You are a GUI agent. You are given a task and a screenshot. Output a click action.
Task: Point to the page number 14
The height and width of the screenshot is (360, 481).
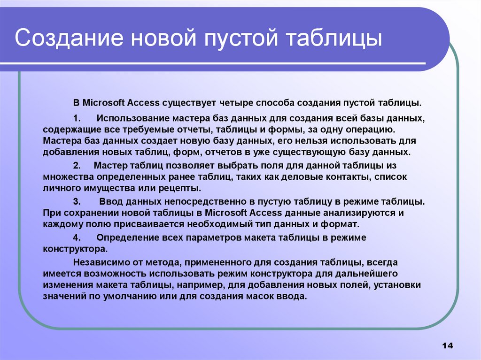(447, 345)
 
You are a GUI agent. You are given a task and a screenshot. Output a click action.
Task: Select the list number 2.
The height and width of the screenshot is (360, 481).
(77, 165)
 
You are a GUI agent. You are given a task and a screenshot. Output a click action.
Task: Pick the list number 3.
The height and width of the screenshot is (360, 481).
(77, 201)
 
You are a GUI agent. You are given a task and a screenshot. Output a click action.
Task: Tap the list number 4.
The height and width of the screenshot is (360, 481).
(77, 237)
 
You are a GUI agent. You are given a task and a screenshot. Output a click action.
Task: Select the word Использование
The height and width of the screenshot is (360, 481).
(130, 117)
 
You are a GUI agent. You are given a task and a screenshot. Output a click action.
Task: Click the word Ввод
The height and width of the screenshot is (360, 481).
(109, 201)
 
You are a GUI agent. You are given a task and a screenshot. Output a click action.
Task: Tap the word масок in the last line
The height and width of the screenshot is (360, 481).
(264, 297)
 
